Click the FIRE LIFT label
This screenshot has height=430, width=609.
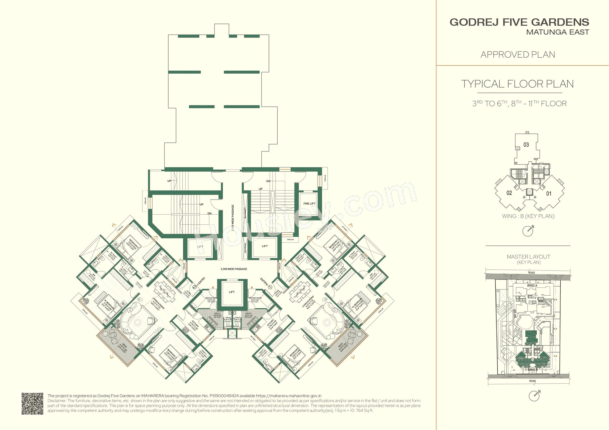pyautogui.click(x=309, y=203)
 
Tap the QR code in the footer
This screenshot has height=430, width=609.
pyautogui.click(x=32, y=404)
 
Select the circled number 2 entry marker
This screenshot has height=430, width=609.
pyautogui.click(x=195, y=287)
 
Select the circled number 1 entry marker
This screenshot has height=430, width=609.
pyautogui.click(x=270, y=286)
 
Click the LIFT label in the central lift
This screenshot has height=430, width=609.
pyautogui.click(x=231, y=292)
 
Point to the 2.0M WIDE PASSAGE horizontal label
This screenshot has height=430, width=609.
pyautogui.click(x=234, y=269)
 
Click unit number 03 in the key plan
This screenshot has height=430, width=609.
pyautogui.click(x=526, y=145)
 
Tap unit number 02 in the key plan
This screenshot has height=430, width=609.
pyautogui.click(x=509, y=193)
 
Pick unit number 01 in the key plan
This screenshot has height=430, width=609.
pyautogui.click(x=549, y=194)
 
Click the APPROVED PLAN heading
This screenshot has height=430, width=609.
pyautogui.click(x=518, y=55)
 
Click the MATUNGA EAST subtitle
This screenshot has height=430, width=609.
pyautogui.click(x=557, y=32)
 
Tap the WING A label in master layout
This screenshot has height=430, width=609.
pyautogui.click(x=532, y=286)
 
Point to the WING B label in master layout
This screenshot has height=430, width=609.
pyautogui.click(x=533, y=370)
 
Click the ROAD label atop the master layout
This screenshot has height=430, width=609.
pyautogui.click(x=531, y=273)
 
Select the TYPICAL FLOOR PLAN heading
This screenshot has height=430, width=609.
pyautogui.click(x=517, y=84)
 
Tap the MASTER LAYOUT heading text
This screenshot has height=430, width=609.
pyautogui.click(x=528, y=257)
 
